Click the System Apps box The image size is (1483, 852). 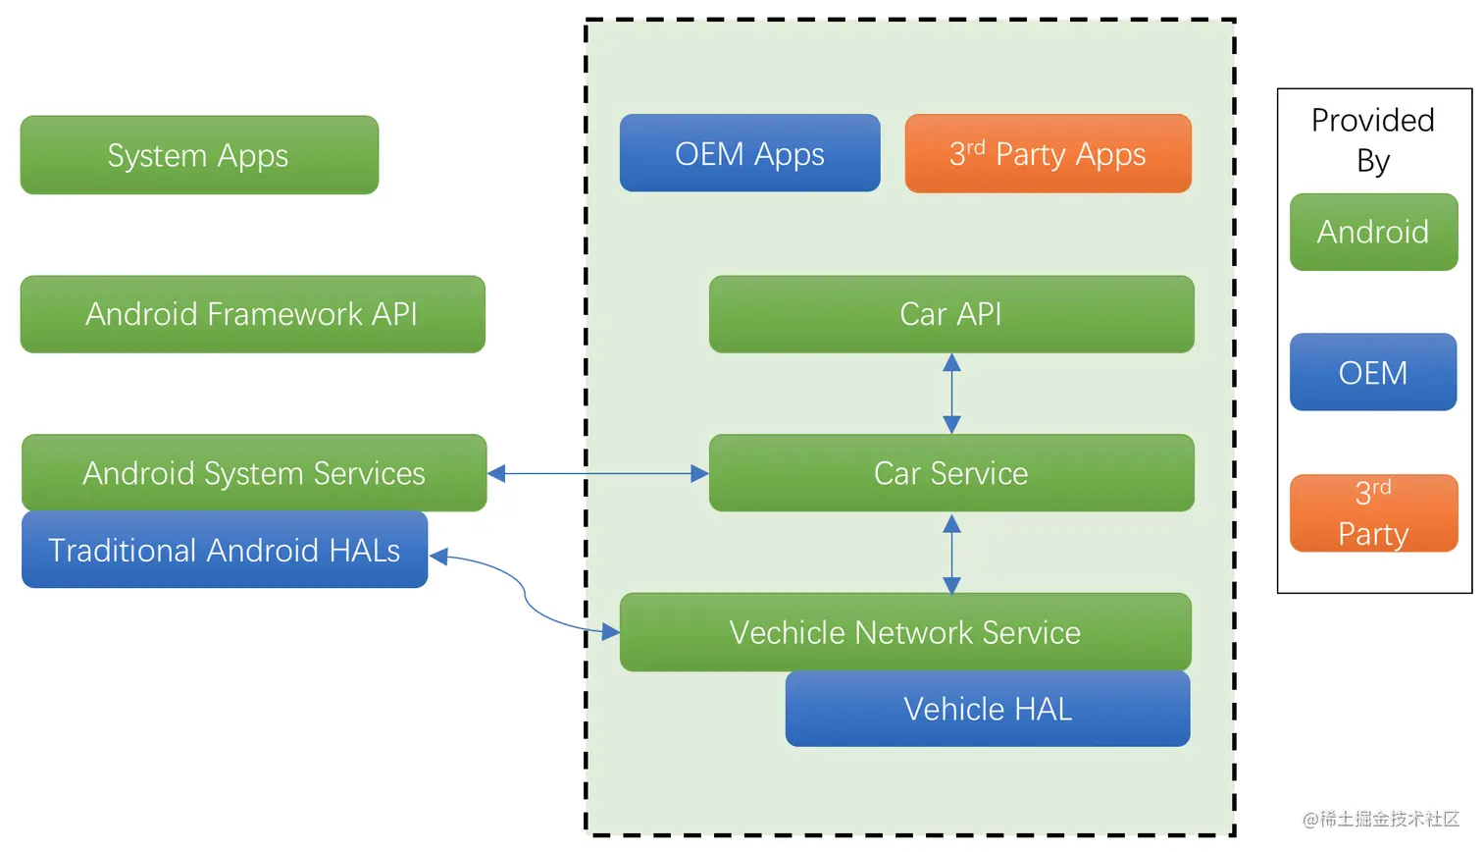pos(199,155)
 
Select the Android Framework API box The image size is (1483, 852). pos(252,314)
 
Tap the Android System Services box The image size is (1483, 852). pos(254,473)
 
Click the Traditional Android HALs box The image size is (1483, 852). pos(225,550)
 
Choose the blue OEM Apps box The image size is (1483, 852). pos(749,153)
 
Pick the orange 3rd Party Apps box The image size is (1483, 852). pos(1048,153)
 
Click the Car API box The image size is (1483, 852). pos(950,314)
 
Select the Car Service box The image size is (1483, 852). pos(950,473)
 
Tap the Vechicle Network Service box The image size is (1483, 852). pos(904,632)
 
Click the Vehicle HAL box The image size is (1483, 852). pos(987,709)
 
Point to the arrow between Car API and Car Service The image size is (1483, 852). pos(951,394)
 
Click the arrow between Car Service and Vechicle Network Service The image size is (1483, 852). pos(951,553)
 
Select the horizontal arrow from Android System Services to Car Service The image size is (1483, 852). pos(597,474)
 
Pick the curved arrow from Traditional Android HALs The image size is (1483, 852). pos(525,592)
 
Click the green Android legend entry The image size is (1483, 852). pos(1373,232)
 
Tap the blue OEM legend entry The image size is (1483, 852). pos(1373,372)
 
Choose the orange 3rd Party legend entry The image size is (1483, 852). pos(1373,512)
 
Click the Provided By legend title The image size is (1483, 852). pos(1373,138)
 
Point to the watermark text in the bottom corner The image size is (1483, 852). pos(1381,819)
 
